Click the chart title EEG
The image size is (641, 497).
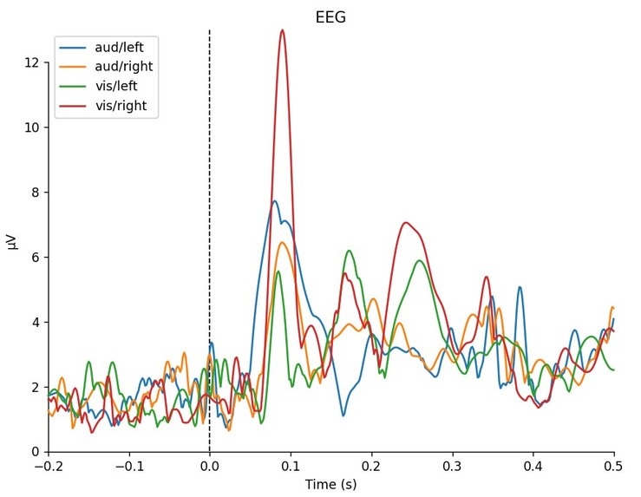[x=330, y=17]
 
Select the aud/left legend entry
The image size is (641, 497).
[x=120, y=47]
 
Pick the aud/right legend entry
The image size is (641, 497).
[x=122, y=67]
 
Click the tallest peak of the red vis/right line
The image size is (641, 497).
[x=282, y=30]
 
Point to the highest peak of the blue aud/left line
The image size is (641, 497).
[x=274, y=201]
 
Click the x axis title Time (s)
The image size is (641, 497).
[x=330, y=485]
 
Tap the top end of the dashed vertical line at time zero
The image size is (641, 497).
[x=209, y=30]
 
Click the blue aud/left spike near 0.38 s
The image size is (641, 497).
[x=520, y=287]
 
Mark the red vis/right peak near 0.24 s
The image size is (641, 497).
[x=405, y=223]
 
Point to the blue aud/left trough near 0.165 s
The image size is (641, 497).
[x=343, y=415]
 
